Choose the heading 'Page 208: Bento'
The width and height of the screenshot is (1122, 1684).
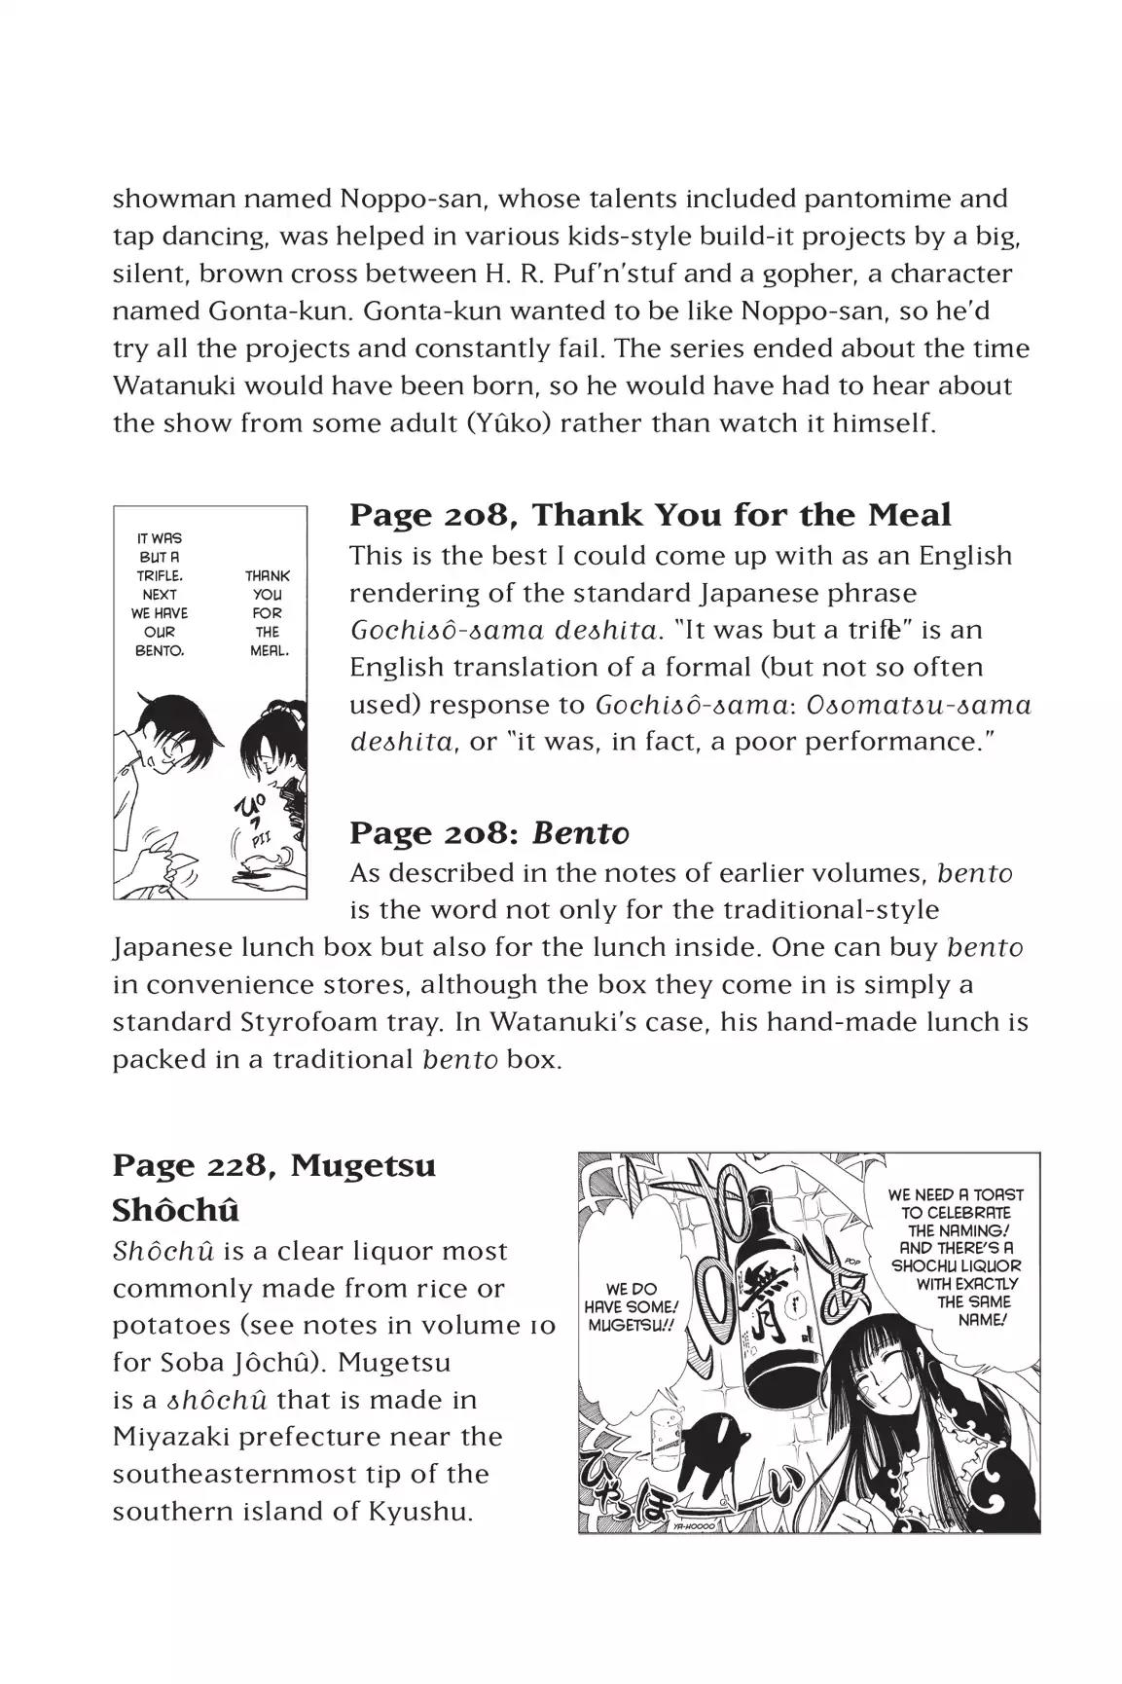coord(489,833)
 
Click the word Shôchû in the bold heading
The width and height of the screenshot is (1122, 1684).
coord(176,1210)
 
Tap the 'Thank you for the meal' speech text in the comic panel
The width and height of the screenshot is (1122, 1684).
coord(267,612)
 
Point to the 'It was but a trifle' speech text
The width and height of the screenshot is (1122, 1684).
coord(160,593)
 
